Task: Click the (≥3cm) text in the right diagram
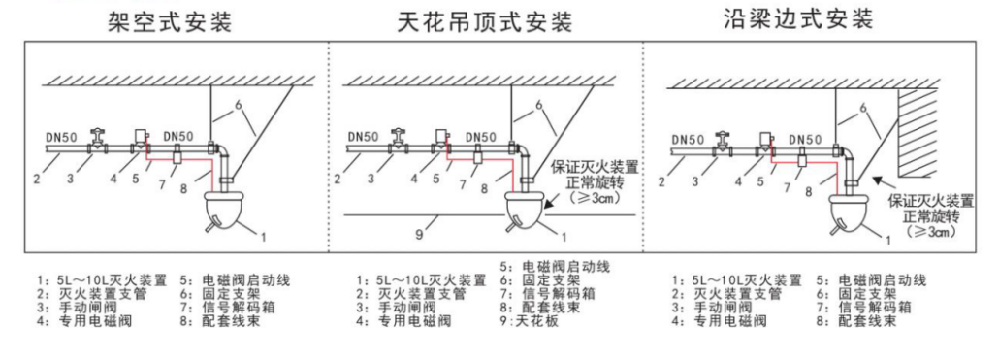(920, 233)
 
